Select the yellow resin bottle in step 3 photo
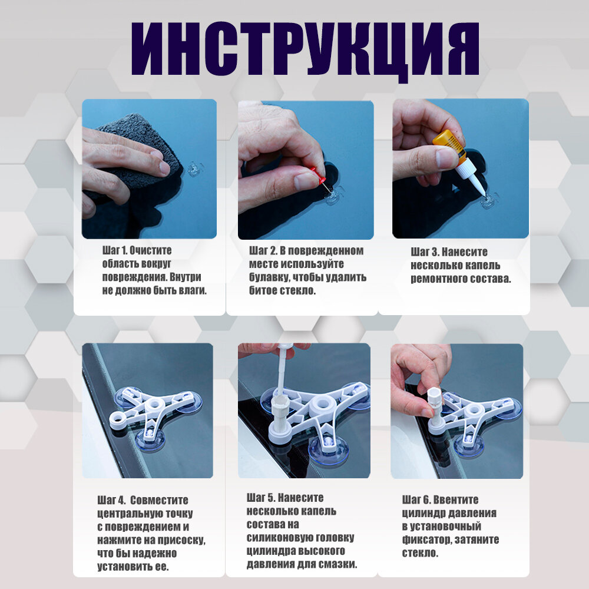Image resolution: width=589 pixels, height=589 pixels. [x=449, y=145]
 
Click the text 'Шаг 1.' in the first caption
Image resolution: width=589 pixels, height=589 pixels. [x=114, y=250]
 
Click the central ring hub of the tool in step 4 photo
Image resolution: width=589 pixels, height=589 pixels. [x=154, y=405]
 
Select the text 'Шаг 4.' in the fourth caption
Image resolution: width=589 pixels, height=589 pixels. [x=111, y=500]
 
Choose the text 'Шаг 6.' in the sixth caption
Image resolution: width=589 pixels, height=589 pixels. [x=416, y=500]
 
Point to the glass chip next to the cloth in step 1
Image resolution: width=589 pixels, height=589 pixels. [x=196, y=170]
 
